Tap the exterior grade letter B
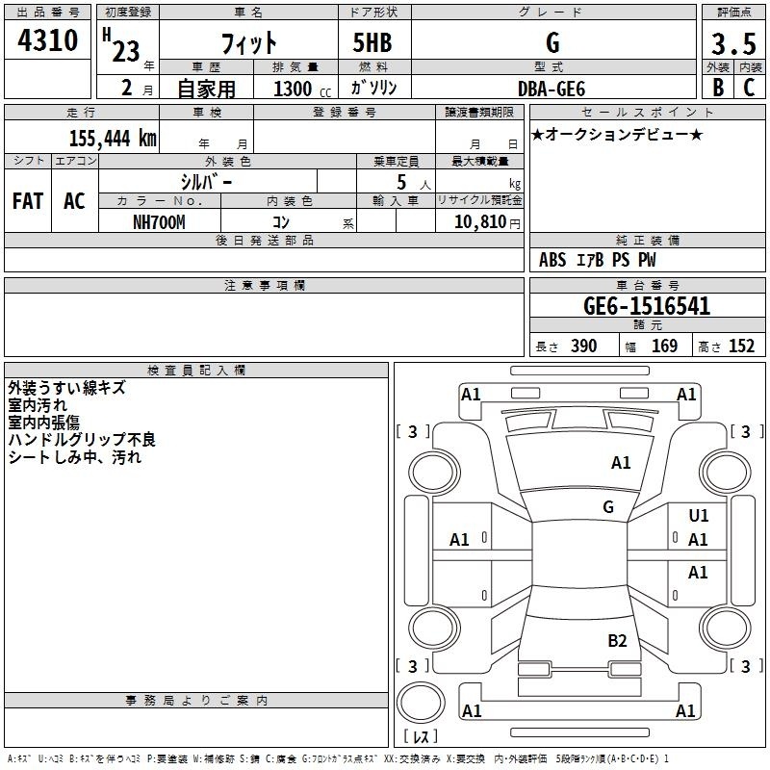click(x=717, y=88)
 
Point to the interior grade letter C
click(x=749, y=88)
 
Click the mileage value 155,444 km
click(x=112, y=139)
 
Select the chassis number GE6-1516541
click(x=647, y=306)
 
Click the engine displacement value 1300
click(x=293, y=89)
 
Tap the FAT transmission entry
click(x=28, y=201)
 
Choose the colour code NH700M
click(x=158, y=221)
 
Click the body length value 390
click(x=583, y=346)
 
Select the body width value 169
click(x=664, y=346)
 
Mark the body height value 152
click(x=741, y=346)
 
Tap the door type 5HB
click(x=372, y=43)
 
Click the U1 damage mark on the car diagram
click(x=698, y=517)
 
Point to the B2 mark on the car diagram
click(x=617, y=641)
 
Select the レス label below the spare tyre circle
click(x=421, y=736)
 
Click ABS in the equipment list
click(x=552, y=260)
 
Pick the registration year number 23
click(x=126, y=50)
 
